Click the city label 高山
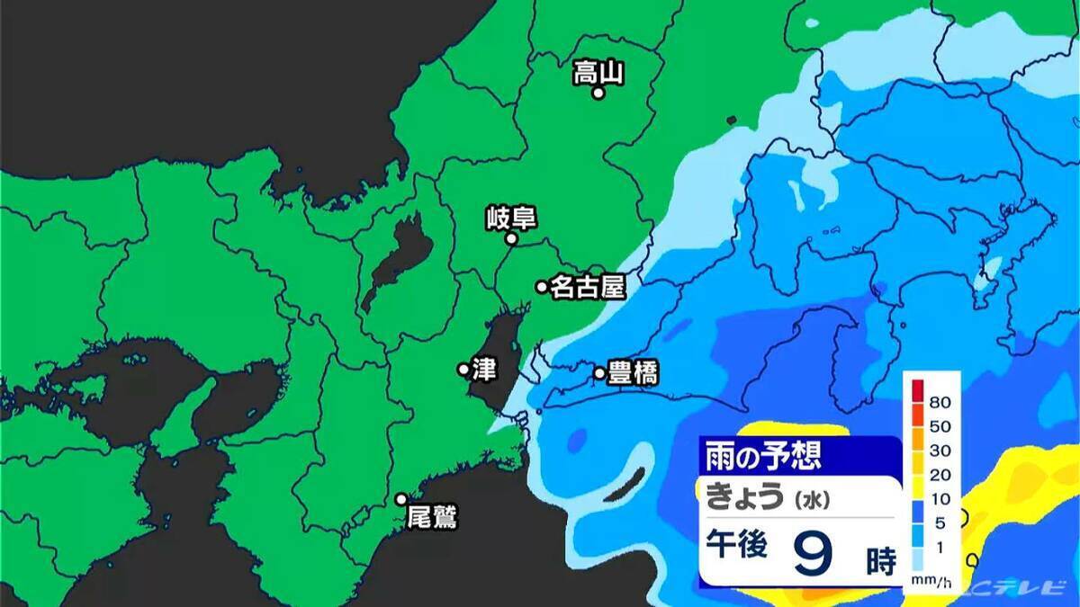(598, 72)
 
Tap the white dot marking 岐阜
(510, 239)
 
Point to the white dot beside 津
(463, 369)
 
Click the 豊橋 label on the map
(633, 373)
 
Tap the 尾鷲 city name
(432, 517)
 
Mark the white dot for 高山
(598, 93)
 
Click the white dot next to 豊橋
(599, 373)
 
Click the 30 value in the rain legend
(940, 451)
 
